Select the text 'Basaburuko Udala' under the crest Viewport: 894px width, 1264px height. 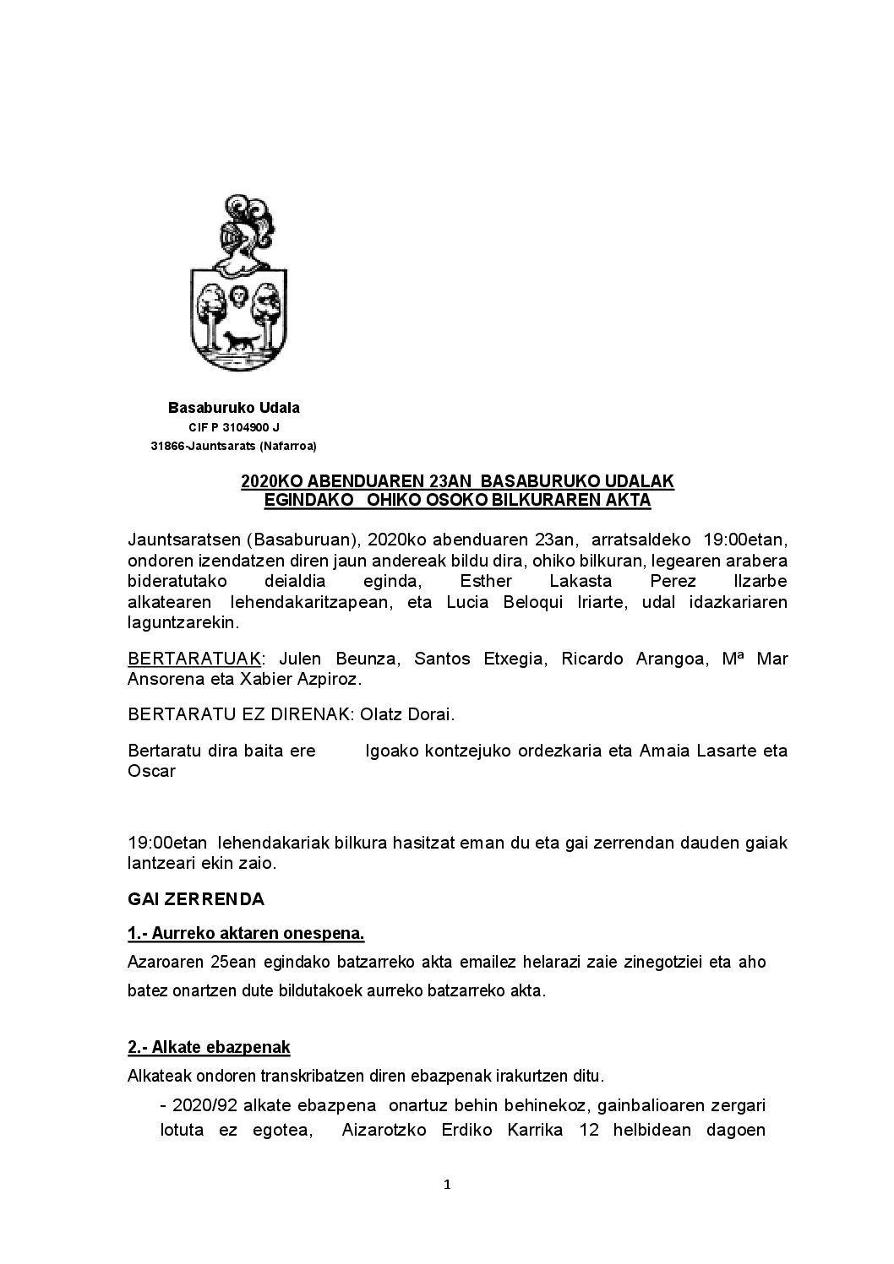click(x=233, y=408)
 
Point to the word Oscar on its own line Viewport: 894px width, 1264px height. click(x=151, y=771)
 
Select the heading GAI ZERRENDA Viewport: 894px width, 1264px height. click(x=196, y=899)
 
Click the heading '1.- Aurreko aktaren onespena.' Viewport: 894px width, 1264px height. click(x=246, y=934)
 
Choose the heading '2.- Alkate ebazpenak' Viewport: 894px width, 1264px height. click(x=209, y=1048)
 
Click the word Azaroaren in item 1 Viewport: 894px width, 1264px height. click(x=161, y=962)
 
